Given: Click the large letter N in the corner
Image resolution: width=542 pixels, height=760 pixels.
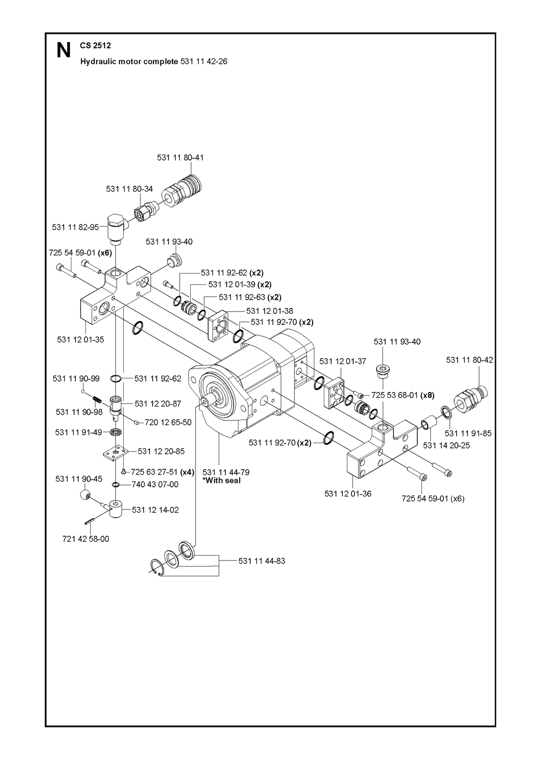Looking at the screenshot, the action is (64, 51).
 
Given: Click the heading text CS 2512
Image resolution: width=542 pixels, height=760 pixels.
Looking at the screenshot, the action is (96, 46).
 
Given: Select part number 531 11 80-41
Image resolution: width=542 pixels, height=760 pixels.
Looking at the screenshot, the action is (180, 157).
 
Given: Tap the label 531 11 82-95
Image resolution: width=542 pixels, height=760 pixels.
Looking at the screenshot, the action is (75, 227).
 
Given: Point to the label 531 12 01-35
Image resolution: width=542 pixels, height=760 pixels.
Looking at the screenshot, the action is (81, 339).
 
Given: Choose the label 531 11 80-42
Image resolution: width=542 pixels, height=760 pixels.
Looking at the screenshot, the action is (469, 360).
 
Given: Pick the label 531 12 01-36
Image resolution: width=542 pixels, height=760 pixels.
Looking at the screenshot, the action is (348, 494).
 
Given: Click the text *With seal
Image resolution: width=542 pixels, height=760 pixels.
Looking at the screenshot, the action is (222, 481).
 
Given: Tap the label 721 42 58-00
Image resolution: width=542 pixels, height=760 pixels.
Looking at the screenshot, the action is (86, 539).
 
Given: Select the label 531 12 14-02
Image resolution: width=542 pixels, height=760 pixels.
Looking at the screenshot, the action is (155, 510).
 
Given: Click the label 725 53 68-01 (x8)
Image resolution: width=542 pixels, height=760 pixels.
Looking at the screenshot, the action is (403, 395).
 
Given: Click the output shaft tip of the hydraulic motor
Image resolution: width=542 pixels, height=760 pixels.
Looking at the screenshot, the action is (204, 401).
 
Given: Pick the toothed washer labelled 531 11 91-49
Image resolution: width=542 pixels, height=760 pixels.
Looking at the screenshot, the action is (116, 433).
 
